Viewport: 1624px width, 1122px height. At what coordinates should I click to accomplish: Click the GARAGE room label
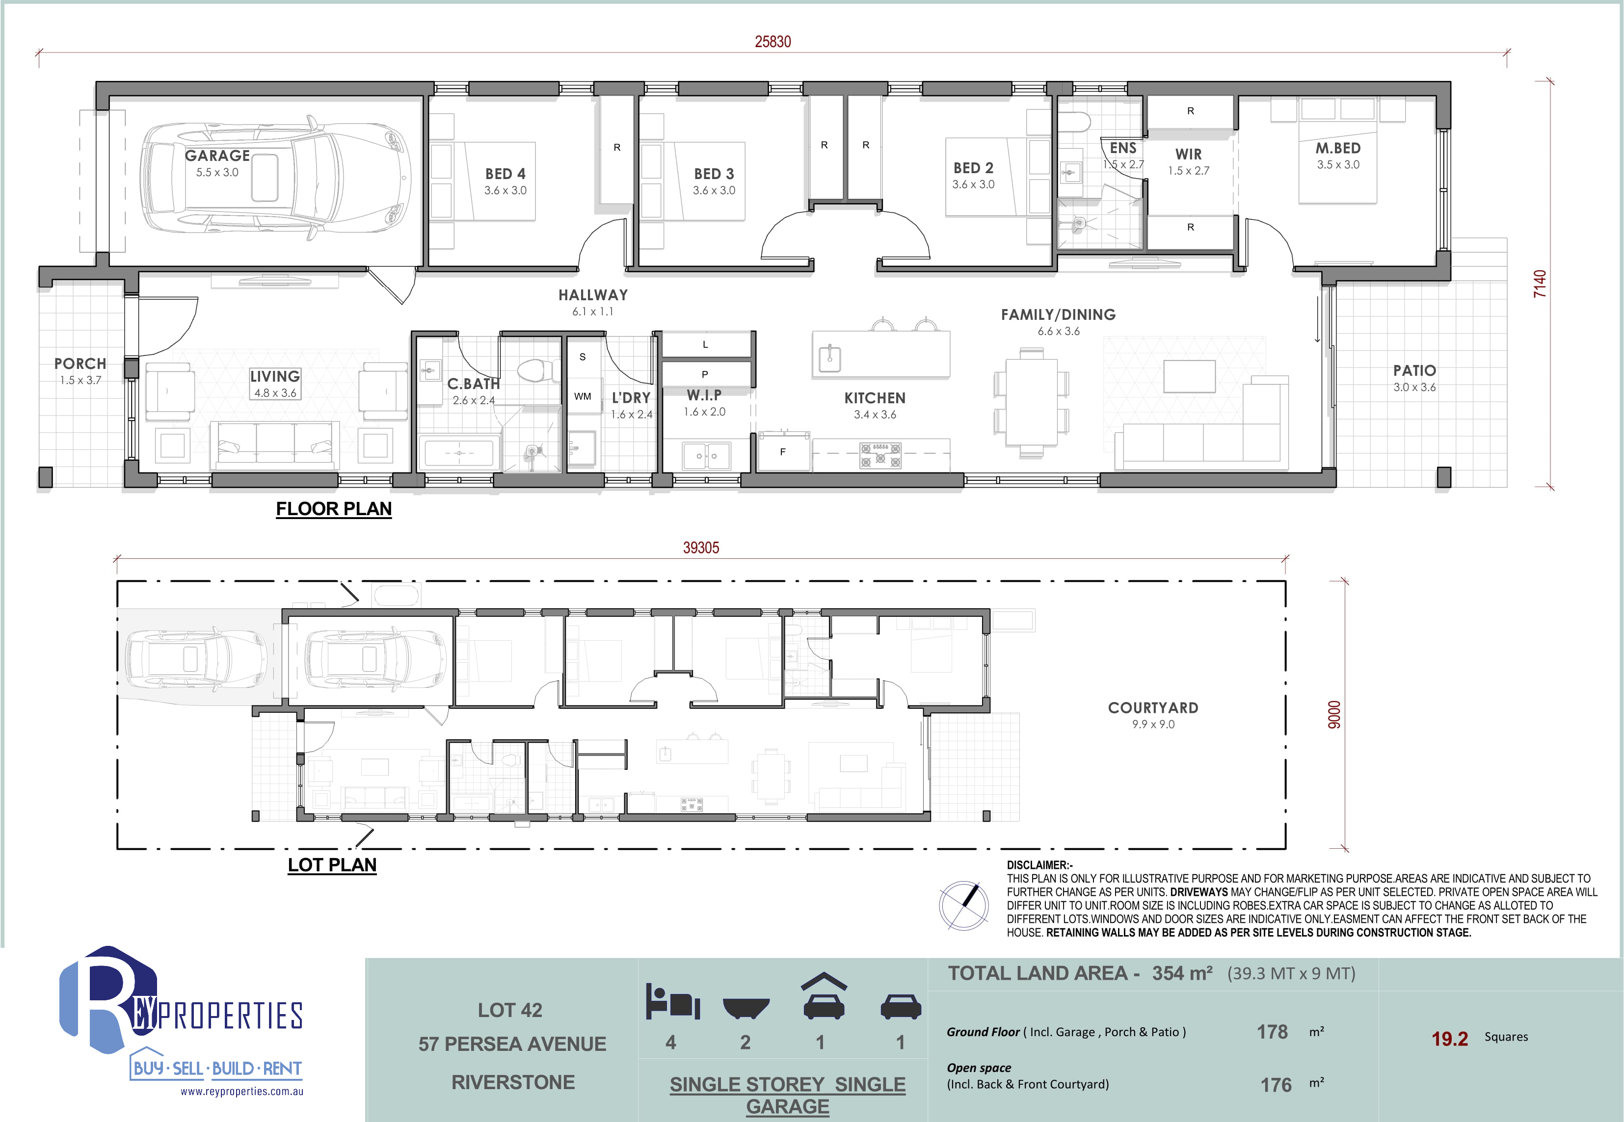click(x=217, y=156)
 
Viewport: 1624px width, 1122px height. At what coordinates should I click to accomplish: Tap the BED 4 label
click(x=505, y=174)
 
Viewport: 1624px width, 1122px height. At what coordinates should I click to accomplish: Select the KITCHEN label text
click(x=875, y=398)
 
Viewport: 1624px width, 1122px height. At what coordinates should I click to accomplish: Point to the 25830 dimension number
click(x=773, y=42)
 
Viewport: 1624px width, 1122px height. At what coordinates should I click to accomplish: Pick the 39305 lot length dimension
click(x=701, y=548)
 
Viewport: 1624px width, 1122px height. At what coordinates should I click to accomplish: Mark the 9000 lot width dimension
click(x=1334, y=714)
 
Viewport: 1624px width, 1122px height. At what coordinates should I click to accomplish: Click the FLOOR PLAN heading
click(x=333, y=509)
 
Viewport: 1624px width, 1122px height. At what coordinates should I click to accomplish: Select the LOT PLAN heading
click(x=332, y=865)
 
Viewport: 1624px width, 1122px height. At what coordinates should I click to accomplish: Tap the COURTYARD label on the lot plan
click(x=1153, y=708)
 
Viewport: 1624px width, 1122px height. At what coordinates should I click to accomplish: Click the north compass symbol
click(x=963, y=906)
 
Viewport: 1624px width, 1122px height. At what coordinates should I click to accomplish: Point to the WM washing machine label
click(x=583, y=396)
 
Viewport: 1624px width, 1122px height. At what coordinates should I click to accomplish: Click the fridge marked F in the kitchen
click(x=783, y=452)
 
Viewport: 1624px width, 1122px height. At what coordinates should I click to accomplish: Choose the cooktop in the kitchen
click(x=880, y=455)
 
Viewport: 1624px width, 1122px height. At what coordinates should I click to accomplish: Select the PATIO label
click(x=1414, y=370)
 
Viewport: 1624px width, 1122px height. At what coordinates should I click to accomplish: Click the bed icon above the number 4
click(x=672, y=1001)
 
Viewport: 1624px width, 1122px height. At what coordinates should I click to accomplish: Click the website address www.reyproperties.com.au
click(x=242, y=1092)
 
